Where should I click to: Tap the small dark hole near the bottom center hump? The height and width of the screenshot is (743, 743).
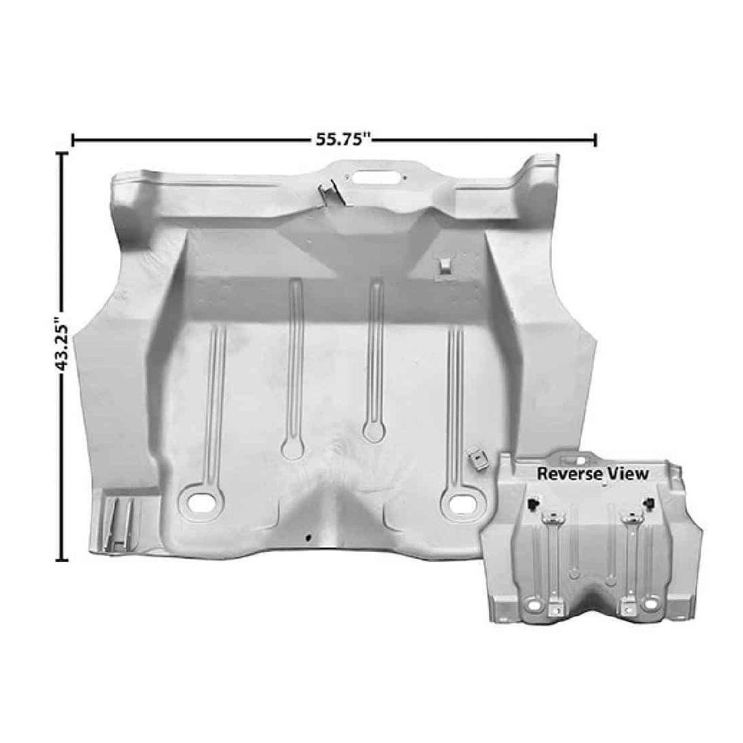point(308,538)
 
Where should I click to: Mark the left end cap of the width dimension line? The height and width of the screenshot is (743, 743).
point(72,140)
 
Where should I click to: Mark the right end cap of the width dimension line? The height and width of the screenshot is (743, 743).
point(595,140)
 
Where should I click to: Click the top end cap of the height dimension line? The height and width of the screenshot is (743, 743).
point(63,154)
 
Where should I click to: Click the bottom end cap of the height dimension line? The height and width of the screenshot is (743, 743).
point(63,559)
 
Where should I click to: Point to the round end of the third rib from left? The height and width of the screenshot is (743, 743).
point(372,430)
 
